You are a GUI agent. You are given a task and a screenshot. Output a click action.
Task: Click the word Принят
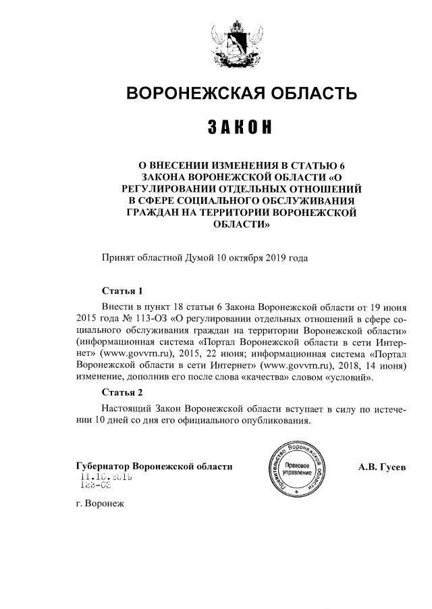coord(119,257)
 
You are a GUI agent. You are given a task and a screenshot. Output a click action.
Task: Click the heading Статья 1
coord(122,292)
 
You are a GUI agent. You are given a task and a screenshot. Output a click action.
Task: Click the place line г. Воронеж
coord(101,503)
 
